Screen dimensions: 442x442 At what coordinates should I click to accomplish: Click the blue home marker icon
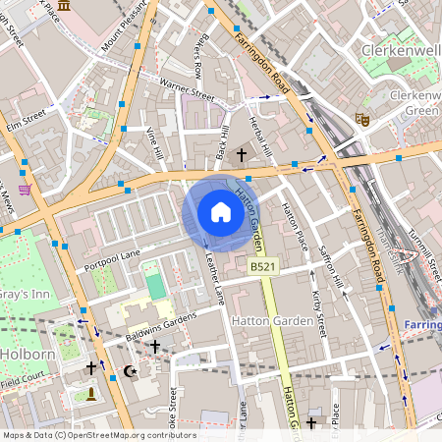[x=221, y=213]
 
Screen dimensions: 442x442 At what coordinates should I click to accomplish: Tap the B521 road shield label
[x=261, y=267]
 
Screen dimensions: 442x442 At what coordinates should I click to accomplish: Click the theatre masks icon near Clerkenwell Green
[x=360, y=119]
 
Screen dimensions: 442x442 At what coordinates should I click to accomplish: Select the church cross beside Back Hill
[x=242, y=155]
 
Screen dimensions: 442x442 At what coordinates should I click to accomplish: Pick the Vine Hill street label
[x=153, y=143]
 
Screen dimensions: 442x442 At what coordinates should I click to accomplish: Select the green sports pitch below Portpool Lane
[x=155, y=286]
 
